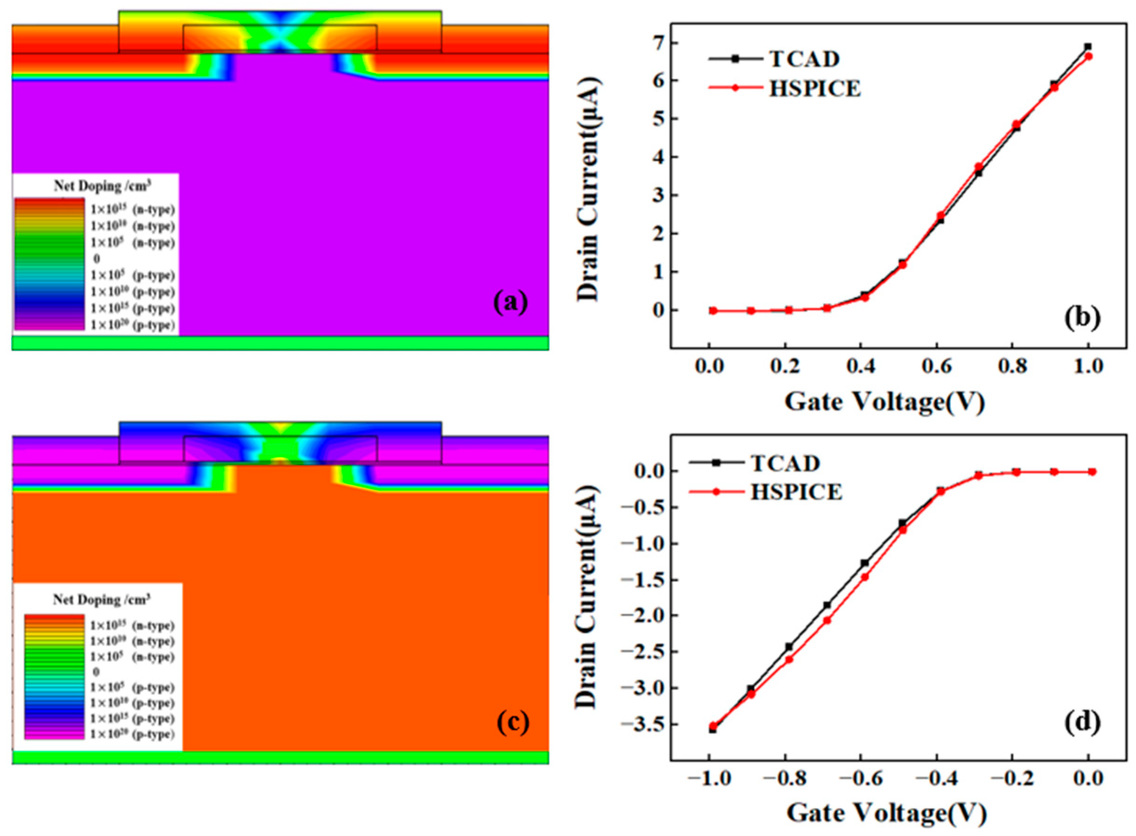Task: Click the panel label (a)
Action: [510, 303]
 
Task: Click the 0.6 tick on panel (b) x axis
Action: [937, 366]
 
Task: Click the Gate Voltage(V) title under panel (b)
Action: [884, 403]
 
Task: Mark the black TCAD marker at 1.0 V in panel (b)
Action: [1088, 46]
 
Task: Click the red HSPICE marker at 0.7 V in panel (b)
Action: [979, 166]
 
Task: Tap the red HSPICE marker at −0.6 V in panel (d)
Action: [865, 576]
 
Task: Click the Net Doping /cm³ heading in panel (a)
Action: [102, 186]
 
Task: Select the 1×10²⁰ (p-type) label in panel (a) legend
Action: [133, 325]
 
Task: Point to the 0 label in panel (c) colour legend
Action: [96, 672]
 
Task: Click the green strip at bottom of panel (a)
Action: [280, 343]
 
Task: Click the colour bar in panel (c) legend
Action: [54, 677]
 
